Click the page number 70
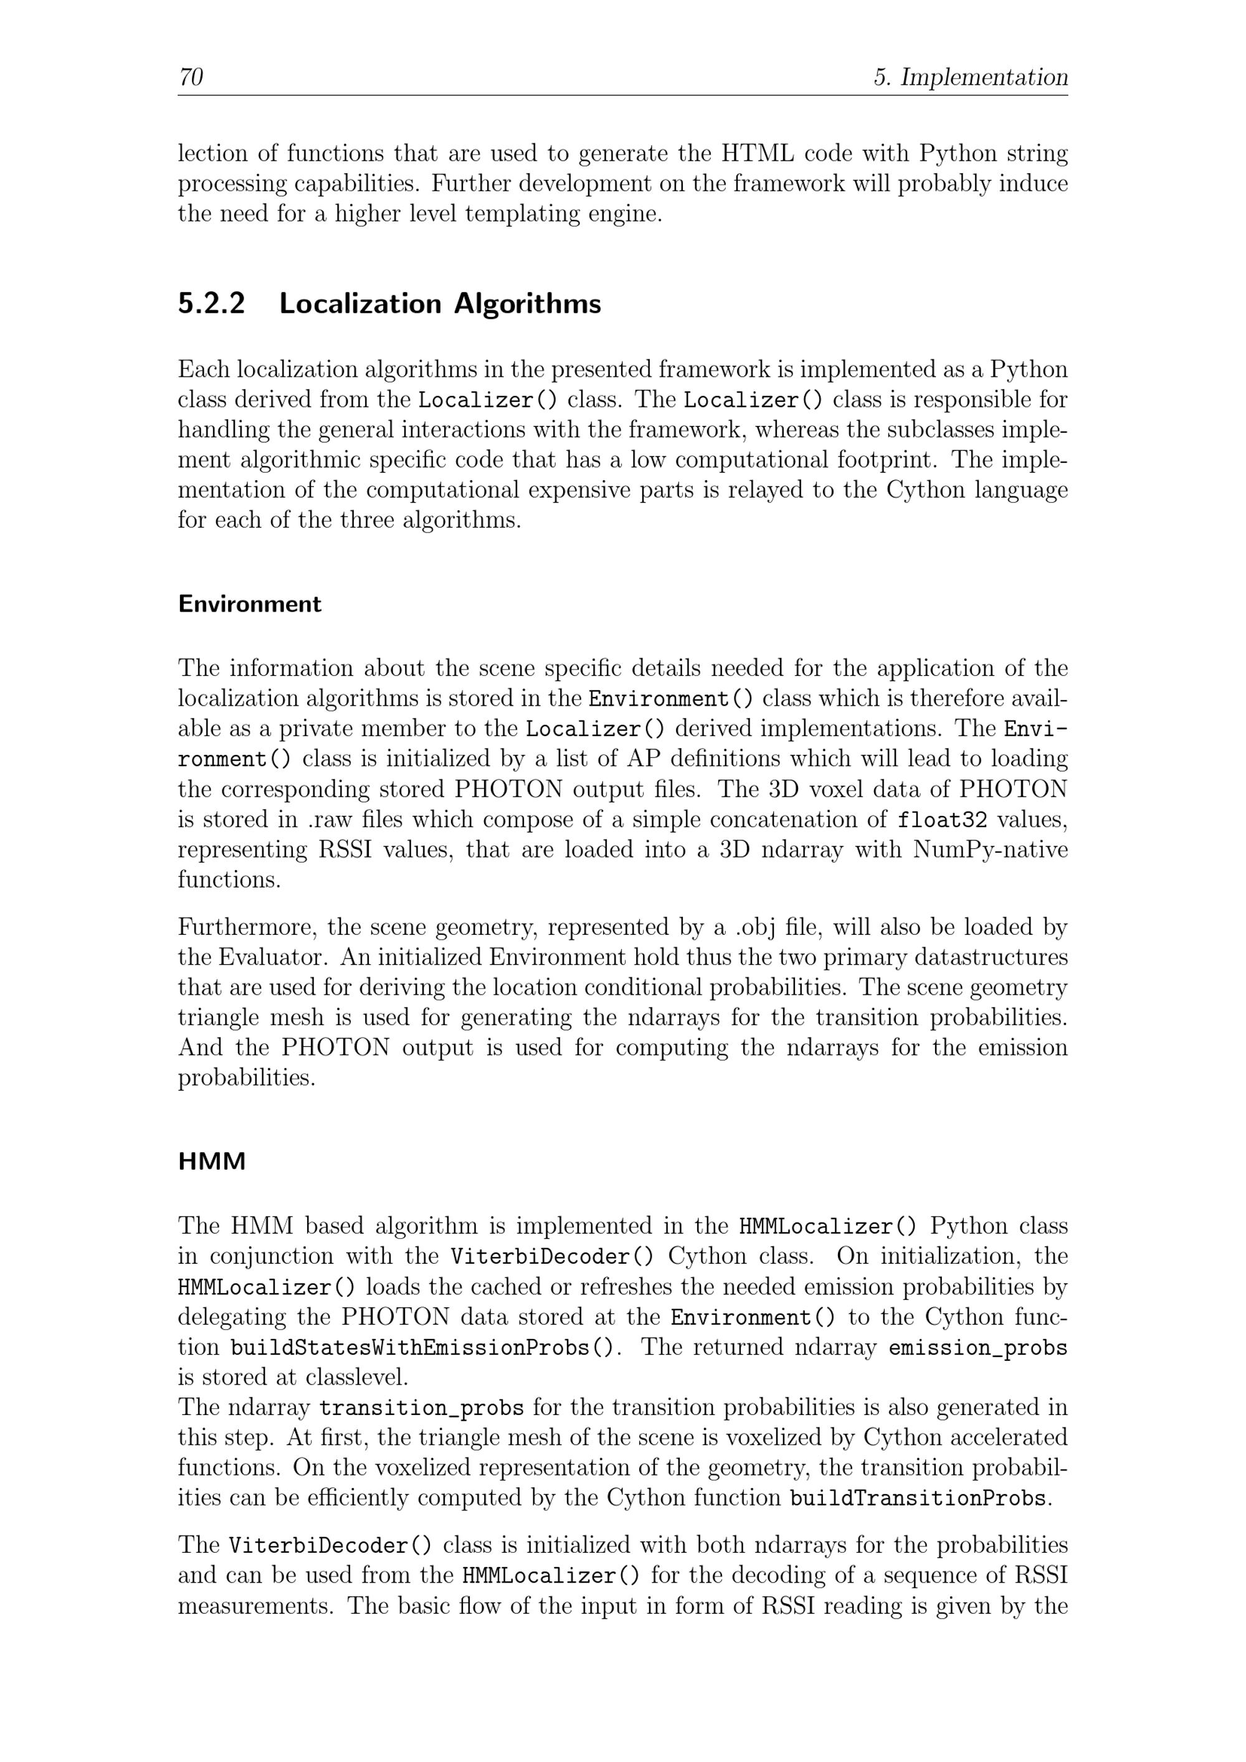click(191, 77)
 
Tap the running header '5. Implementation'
click(971, 77)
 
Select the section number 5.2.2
click(211, 304)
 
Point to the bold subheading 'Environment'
click(249, 604)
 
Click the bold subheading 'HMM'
click(212, 1162)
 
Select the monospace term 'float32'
click(942, 820)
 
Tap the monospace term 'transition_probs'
click(421, 1408)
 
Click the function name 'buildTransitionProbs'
click(918, 1498)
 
